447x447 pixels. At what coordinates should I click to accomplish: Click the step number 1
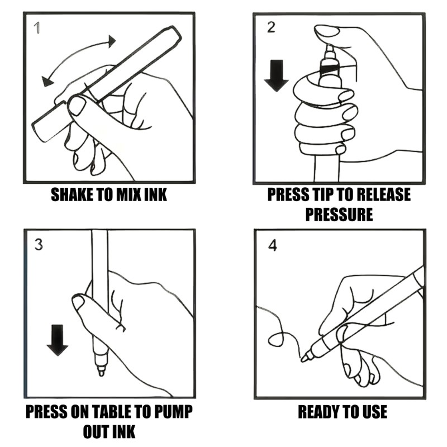(37, 28)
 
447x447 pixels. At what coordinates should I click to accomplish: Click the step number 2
(271, 27)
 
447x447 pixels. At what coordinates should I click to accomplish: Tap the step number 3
(39, 244)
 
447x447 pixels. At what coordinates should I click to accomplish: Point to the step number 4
(273, 245)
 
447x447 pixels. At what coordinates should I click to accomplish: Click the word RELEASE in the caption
(384, 194)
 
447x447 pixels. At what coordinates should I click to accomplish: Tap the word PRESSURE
(339, 215)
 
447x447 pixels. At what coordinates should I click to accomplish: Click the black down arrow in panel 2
(276, 75)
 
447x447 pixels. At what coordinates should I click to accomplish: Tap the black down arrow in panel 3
(58, 340)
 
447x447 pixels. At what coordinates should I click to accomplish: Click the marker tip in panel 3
(101, 371)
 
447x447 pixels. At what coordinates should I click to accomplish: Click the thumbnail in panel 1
(76, 106)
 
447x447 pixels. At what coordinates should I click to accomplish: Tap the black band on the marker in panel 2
(329, 68)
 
